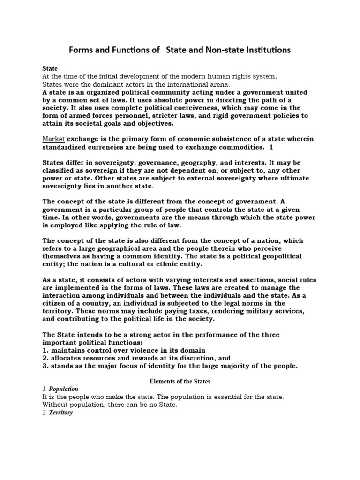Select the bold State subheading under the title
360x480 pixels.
50,68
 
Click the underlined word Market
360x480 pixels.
53,139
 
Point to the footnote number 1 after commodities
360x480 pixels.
270,147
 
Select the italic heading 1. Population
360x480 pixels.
60,390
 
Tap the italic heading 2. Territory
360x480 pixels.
58,413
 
